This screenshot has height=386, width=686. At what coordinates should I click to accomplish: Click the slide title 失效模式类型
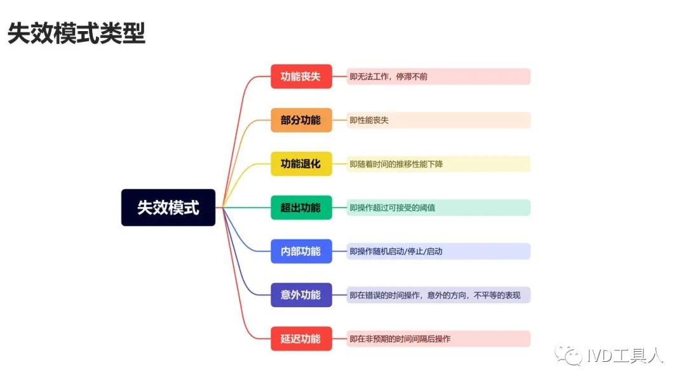coord(77,33)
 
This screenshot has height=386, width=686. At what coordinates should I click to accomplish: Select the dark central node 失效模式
coord(168,208)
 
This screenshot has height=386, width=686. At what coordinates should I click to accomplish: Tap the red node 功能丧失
coord(301,76)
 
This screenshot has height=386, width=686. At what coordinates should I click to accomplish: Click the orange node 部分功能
coord(301,120)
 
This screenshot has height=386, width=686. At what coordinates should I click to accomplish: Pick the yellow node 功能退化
coord(301,164)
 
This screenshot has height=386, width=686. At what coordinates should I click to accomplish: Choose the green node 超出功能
coord(301,208)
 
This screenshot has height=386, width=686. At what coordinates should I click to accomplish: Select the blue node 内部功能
coord(301,251)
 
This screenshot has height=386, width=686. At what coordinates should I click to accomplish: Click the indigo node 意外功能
coord(301,295)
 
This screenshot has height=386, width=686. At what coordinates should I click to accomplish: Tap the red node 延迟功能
coord(301,339)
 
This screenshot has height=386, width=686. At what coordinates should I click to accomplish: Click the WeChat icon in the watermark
coord(568,355)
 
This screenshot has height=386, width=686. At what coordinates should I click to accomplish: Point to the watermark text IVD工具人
coord(625,356)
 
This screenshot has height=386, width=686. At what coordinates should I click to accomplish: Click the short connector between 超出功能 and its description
coord(339,208)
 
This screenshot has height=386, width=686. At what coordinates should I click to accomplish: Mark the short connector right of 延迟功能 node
coord(339,339)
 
